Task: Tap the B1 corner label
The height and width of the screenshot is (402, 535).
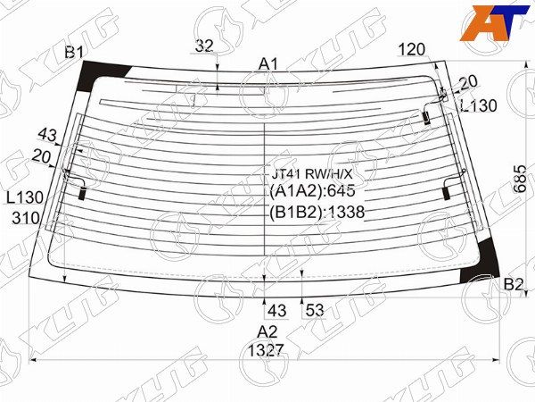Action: [x=74, y=52]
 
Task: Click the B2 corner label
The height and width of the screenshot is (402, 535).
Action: [x=514, y=284]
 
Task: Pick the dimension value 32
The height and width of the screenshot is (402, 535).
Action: [x=204, y=46]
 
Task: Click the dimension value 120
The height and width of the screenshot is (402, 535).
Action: [x=412, y=49]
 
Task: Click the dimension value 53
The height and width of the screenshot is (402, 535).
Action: [x=314, y=311]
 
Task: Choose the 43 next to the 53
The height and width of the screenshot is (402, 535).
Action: [x=277, y=311]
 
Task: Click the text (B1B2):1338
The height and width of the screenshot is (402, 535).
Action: [x=317, y=212]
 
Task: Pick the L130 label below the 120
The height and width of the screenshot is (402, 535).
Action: [x=478, y=105]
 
